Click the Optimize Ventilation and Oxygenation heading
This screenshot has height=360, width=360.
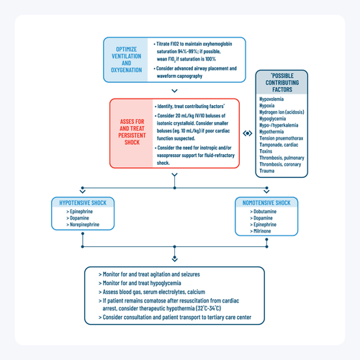coord(127,58)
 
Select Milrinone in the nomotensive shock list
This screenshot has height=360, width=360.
coord(266,232)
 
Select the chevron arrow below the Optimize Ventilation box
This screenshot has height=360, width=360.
coord(175,91)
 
